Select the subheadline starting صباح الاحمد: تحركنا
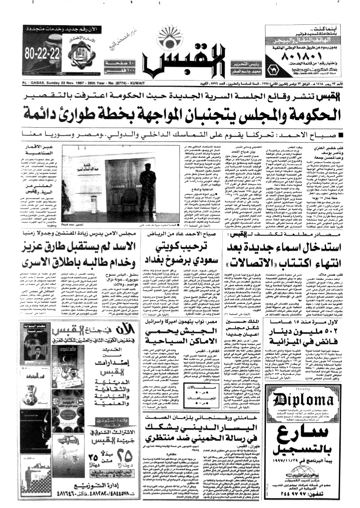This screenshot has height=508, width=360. click(x=180, y=134)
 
